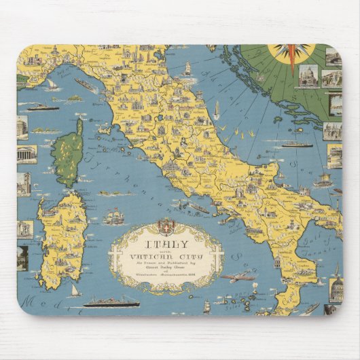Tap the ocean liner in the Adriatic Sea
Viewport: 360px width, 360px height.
click(x=296, y=144)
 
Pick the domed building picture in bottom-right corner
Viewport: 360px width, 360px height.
click(x=335, y=285)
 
